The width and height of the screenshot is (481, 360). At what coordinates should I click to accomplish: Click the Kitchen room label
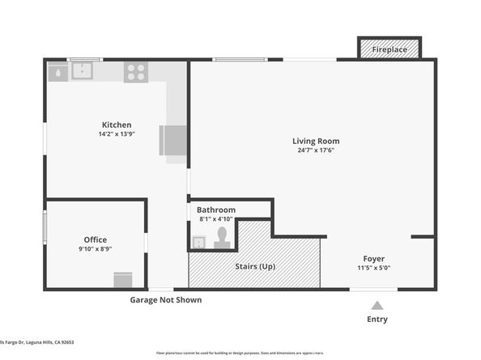[117, 125]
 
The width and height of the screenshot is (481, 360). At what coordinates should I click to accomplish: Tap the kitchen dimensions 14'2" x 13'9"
[117, 133]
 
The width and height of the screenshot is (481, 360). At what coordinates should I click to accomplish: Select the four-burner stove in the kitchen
[134, 72]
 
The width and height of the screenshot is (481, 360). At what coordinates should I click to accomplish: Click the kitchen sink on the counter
[82, 71]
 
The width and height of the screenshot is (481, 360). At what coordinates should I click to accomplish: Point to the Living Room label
[315, 141]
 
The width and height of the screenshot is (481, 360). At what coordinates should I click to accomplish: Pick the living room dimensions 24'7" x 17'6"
[315, 150]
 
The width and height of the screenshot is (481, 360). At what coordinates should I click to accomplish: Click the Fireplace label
[389, 49]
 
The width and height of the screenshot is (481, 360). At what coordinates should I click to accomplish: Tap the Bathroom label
[216, 210]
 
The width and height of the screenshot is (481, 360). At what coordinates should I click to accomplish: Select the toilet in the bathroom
[221, 237]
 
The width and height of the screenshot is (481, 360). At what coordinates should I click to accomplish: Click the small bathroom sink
[198, 240]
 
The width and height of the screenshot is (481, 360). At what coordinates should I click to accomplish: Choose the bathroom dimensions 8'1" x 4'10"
[216, 218]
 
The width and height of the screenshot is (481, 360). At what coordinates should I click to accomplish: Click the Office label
[96, 239]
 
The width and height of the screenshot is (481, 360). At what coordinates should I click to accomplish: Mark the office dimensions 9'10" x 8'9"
[96, 248]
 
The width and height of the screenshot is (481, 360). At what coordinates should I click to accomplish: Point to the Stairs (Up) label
[255, 265]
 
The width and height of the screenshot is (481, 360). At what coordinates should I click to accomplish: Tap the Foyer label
[373, 259]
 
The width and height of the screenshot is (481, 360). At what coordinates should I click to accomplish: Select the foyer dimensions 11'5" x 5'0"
[373, 268]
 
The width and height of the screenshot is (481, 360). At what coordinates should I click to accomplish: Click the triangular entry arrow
[377, 305]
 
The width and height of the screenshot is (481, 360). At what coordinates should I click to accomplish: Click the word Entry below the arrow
[377, 319]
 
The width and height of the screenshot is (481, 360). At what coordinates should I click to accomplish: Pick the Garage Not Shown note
[166, 300]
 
